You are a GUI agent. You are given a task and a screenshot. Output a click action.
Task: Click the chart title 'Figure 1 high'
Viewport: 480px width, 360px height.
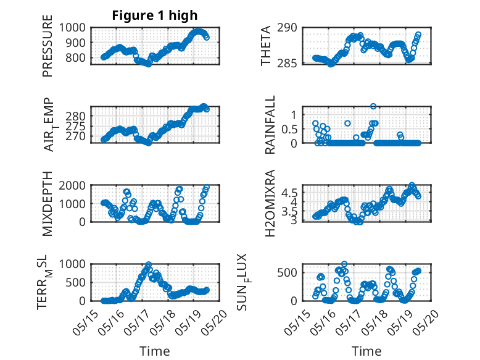(155, 15)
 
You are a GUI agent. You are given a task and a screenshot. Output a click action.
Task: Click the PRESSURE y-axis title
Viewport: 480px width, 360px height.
(48, 46)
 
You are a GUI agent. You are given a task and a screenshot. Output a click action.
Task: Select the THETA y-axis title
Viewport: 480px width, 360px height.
(266, 46)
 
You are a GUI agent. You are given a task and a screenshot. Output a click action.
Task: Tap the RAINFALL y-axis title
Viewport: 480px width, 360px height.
(270, 125)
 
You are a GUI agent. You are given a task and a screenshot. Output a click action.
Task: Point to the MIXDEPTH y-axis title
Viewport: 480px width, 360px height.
(48, 204)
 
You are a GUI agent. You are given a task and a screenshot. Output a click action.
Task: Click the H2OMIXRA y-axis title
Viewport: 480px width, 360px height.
(270, 203)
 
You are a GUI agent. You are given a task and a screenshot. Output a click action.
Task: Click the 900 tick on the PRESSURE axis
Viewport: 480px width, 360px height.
(75, 43)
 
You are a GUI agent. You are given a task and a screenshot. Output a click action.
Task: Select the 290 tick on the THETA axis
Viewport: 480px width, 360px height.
(287, 28)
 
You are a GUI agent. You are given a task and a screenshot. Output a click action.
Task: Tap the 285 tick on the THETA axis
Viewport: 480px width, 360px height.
(287, 64)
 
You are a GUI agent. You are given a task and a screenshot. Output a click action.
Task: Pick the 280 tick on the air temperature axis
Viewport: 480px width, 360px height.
(75, 116)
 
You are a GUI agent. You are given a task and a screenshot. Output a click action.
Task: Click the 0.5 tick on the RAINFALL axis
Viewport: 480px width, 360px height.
(289, 129)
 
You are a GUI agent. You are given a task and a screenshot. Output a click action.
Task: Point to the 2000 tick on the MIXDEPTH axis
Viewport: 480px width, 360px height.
(72, 185)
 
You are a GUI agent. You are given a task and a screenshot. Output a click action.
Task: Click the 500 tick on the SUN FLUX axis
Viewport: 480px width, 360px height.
(287, 272)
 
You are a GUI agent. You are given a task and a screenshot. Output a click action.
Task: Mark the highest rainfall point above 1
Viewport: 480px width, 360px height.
(373, 106)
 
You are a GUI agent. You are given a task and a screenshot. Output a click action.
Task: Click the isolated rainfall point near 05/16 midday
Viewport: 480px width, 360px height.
(347, 123)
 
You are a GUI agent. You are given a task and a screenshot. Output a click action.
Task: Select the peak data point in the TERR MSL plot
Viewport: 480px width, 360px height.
(149, 264)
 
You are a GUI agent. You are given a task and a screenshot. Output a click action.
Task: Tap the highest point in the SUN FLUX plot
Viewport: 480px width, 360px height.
(344, 264)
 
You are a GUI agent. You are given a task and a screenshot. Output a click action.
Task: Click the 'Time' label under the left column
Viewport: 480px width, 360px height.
(155, 351)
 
